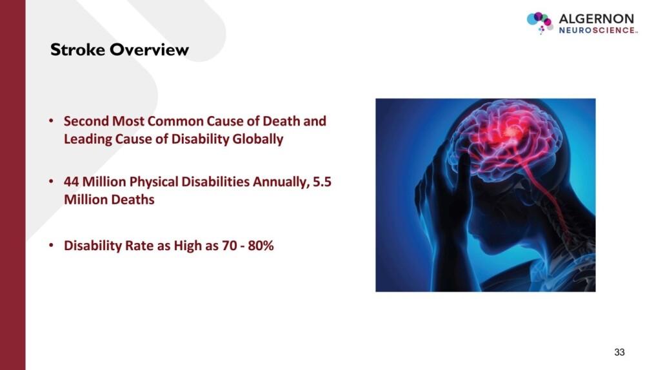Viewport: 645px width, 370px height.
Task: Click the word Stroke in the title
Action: coord(78,50)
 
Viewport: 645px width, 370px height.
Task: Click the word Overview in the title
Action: coord(150,50)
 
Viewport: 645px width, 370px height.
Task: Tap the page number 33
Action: coord(619,353)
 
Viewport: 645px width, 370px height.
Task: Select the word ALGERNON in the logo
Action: coord(596,19)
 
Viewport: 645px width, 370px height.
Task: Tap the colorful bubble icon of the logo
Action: coord(539,22)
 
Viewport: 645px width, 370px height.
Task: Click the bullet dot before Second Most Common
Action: coord(51,121)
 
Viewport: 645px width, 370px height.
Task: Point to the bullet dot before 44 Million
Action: coord(51,181)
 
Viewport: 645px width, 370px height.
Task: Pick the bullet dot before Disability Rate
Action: coord(51,246)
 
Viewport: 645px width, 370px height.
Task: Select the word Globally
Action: coord(258,139)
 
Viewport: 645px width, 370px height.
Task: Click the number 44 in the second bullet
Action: coord(71,182)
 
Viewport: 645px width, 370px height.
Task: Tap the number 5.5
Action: coord(322,182)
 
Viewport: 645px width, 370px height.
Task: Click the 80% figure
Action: coord(261,246)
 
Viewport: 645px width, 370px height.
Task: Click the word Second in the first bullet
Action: coord(86,121)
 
